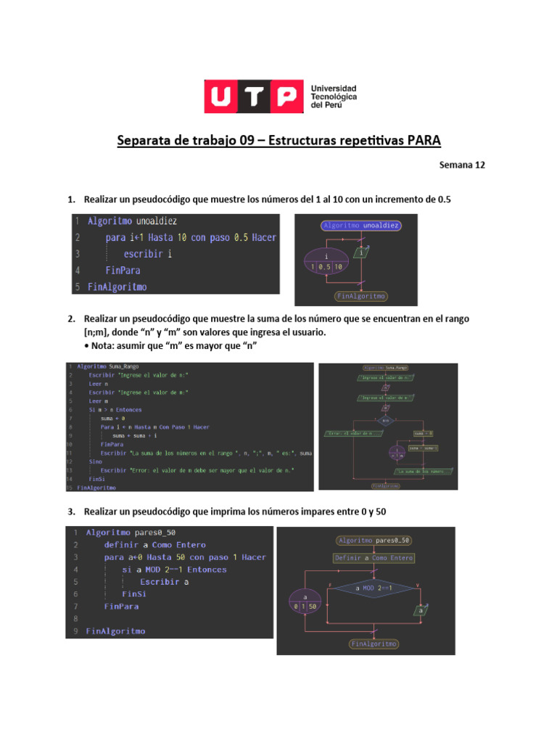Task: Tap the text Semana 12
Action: point(461,165)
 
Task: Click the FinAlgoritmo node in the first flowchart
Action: point(361,296)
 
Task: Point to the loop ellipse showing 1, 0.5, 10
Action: point(326,262)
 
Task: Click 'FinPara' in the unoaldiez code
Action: point(123,270)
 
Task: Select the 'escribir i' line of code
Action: point(148,254)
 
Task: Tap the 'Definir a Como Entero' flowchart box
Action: point(374,558)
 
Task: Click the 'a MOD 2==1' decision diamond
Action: point(375,588)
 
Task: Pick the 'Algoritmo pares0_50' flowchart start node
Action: point(374,541)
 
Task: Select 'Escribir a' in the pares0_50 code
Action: point(165,582)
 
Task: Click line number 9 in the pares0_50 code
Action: point(75,631)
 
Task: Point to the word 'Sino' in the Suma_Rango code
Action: point(96,461)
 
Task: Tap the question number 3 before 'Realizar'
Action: point(71,512)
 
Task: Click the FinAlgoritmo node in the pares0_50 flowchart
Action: point(374,644)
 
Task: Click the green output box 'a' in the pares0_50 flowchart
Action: point(420,611)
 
